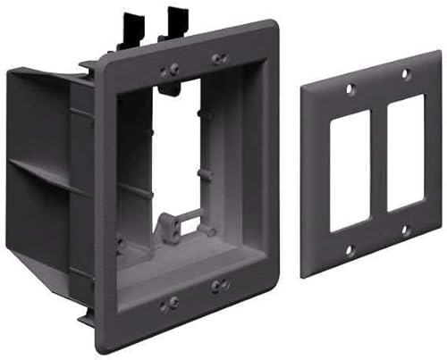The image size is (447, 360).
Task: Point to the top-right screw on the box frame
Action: click(x=220, y=61)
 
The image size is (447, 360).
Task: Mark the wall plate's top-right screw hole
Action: click(x=405, y=73)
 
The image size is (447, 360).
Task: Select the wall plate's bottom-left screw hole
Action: click(x=349, y=249)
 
